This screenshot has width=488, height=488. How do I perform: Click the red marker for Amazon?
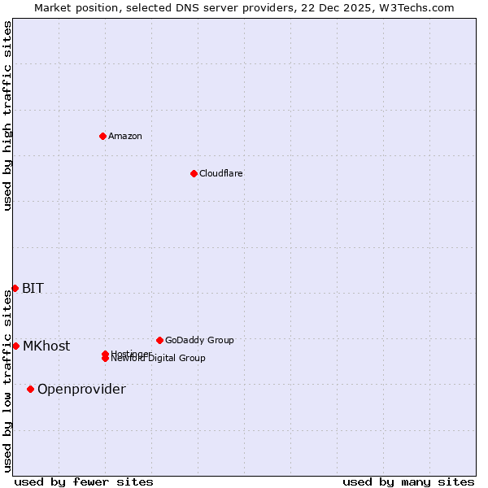click(x=103, y=136)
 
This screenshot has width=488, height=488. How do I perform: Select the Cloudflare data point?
click(x=194, y=173)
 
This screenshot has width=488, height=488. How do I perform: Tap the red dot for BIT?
click(x=15, y=288)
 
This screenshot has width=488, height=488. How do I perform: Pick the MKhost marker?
click(x=15, y=346)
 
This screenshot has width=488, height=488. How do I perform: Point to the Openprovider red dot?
click(x=31, y=389)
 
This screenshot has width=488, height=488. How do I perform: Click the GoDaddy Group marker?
click(x=159, y=340)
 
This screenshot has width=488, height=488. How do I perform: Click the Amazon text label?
click(x=124, y=136)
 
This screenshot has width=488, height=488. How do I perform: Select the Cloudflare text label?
click(x=220, y=173)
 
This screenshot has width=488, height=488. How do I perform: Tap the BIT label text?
click(x=33, y=288)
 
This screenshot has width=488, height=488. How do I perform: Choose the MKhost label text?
click(x=46, y=346)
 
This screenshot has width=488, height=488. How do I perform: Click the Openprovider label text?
click(x=81, y=389)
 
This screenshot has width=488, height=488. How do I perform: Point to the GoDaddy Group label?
click(x=199, y=340)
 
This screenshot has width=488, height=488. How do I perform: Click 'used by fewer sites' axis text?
click(x=84, y=481)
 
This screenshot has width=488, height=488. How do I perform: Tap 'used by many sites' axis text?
click(x=408, y=481)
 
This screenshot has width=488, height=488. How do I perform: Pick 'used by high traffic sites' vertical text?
click(x=7, y=115)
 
